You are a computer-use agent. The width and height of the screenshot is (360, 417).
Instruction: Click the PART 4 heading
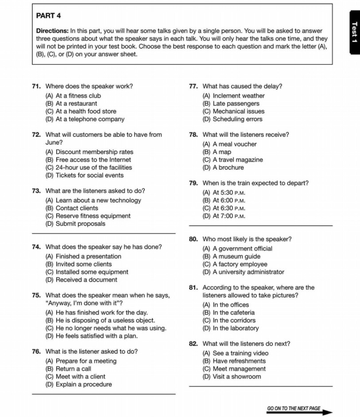(x=49, y=15)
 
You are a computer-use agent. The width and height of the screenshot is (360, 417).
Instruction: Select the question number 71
(x=36, y=86)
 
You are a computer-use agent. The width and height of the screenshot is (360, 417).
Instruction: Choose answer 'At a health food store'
(x=81, y=112)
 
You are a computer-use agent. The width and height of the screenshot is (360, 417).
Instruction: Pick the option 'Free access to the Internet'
(x=88, y=160)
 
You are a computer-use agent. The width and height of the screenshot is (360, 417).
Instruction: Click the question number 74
(x=36, y=247)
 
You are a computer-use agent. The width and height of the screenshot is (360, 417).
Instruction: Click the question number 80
(x=193, y=239)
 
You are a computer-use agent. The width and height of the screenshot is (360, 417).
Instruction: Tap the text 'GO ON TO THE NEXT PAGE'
(x=294, y=409)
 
